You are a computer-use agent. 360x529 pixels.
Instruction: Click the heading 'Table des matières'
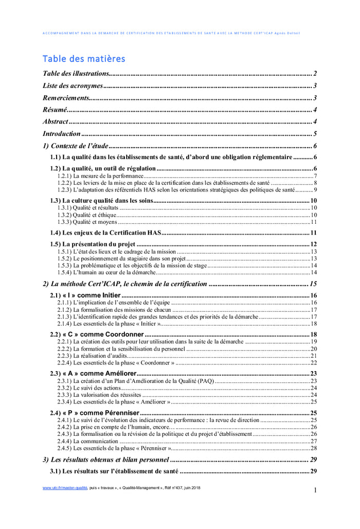click(83, 59)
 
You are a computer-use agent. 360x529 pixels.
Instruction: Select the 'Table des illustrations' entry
click(76, 74)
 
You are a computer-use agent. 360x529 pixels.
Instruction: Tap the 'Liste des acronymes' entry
click(73, 86)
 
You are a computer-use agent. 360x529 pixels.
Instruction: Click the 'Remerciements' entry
click(66, 98)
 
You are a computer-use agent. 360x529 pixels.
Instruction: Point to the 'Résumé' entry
click(55, 110)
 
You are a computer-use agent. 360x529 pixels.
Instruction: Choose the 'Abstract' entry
click(56, 121)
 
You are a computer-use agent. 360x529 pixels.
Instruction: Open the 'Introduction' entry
click(62, 134)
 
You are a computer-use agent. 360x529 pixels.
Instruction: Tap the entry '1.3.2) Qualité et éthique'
click(86, 215)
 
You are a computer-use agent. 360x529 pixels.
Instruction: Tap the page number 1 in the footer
click(315, 490)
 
